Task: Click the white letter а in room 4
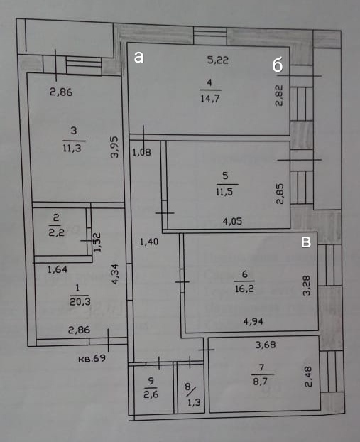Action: [x=138, y=57]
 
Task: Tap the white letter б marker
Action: [x=278, y=65]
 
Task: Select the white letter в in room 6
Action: [x=306, y=242]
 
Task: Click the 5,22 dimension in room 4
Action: [x=218, y=60]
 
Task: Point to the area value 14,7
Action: [x=210, y=98]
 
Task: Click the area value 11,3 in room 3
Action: [x=72, y=148]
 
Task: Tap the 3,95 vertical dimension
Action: [x=114, y=147]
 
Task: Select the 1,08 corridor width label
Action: [x=142, y=153]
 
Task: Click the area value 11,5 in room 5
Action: [x=224, y=192]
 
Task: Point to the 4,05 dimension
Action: [x=232, y=221]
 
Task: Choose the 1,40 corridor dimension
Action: [x=149, y=242]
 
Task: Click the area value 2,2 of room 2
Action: [x=57, y=232]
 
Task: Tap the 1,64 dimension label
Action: [x=58, y=269]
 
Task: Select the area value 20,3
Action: [x=80, y=302]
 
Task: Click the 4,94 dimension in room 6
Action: [x=253, y=321]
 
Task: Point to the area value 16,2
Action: [x=244, y=289]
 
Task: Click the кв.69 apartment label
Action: [x=92, y=359]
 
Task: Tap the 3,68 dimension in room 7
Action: [x=266, y=345]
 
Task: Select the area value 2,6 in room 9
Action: [x=151, y=394]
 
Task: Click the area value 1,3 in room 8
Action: [x=194, y=402]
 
